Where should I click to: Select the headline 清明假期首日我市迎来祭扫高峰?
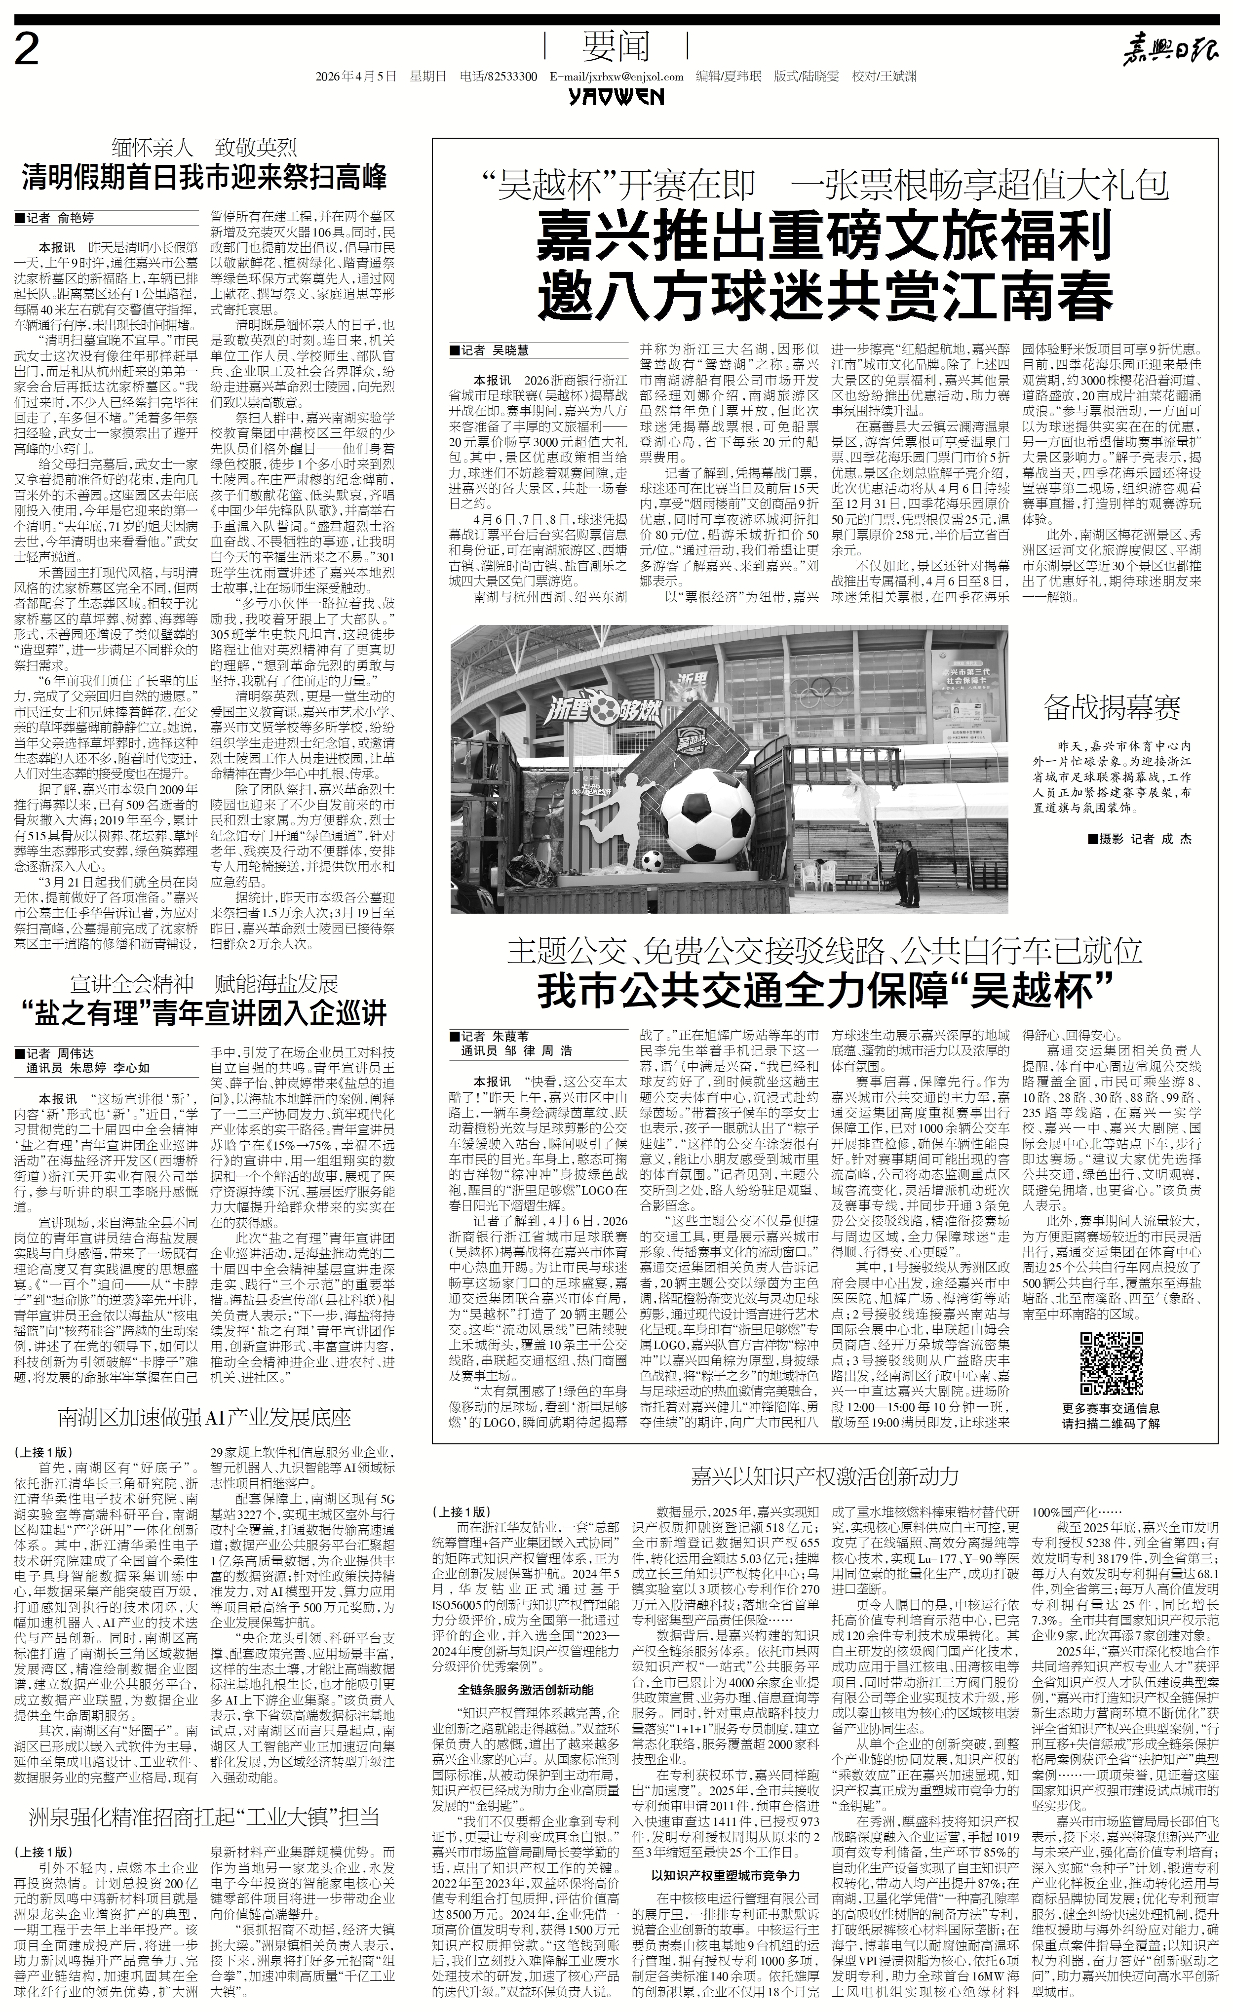tap(204, 178)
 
